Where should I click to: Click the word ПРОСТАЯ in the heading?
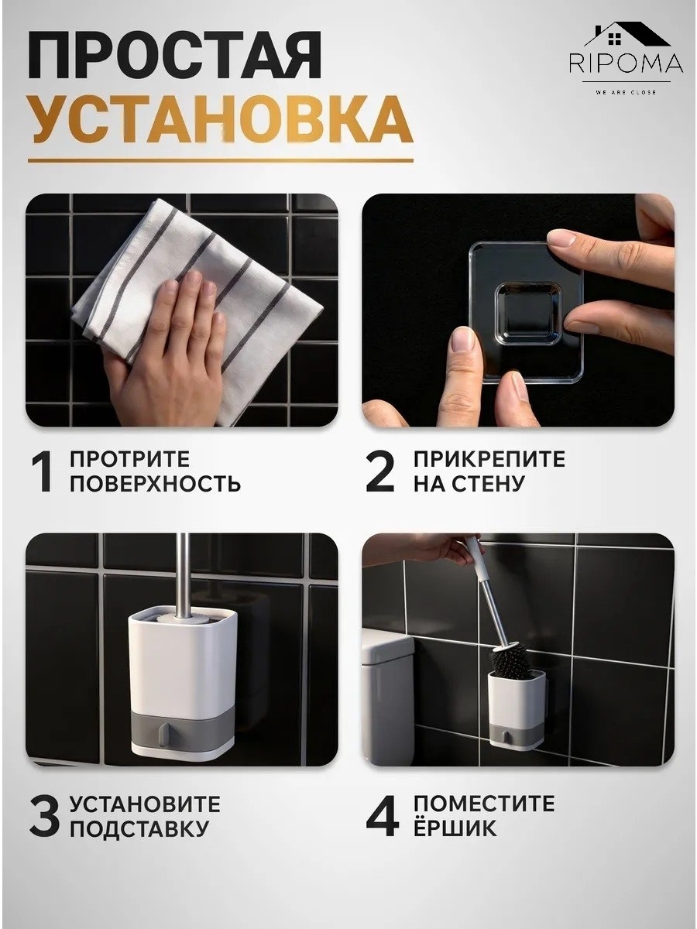(x=174, y=57)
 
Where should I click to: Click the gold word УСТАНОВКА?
(x=221, y=121)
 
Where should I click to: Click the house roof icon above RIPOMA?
(x=627, y=35)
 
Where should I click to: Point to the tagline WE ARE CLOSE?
(x=626, y=92)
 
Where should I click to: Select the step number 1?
(x=43, y=471)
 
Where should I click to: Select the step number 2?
(x=380, y=471)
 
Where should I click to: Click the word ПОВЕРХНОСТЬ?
(x=156, y=483)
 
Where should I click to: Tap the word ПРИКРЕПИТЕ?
(x=489, y=459)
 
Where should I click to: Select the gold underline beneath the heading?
(x=221, y=160)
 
